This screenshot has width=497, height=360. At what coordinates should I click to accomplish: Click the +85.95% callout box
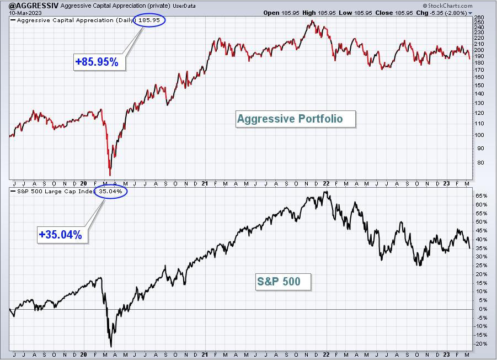point(99,61)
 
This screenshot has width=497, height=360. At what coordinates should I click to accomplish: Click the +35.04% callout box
point(62,235)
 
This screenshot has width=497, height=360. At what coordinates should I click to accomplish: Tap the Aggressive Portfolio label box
point(296,119)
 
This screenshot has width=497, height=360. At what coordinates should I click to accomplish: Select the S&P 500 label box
point(284,282)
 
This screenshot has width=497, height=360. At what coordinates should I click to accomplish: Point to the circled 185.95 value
point(149,20)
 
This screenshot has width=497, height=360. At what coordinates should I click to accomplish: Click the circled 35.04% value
point(111,192)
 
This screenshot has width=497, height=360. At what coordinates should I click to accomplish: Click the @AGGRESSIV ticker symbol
point(34,6)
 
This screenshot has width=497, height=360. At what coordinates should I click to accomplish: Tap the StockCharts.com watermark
point(447,6)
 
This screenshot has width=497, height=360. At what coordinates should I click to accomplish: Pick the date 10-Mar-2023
point(25,13)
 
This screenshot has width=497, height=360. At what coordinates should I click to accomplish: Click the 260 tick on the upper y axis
point(479,18)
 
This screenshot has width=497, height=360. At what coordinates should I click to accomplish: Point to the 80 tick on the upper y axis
point(480,163)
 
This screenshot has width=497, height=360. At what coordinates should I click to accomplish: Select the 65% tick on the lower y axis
point(481,196)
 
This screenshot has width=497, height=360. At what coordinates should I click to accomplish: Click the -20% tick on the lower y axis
point(480,344)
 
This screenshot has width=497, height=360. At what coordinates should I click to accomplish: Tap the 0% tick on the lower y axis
point(483,309)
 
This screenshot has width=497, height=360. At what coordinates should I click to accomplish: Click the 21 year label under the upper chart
point(205,183)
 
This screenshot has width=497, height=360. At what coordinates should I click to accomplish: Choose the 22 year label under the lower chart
point(326,354)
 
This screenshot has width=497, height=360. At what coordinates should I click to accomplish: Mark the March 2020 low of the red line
point(110,175)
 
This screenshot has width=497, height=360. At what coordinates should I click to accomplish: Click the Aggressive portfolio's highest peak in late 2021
point(313,21)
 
